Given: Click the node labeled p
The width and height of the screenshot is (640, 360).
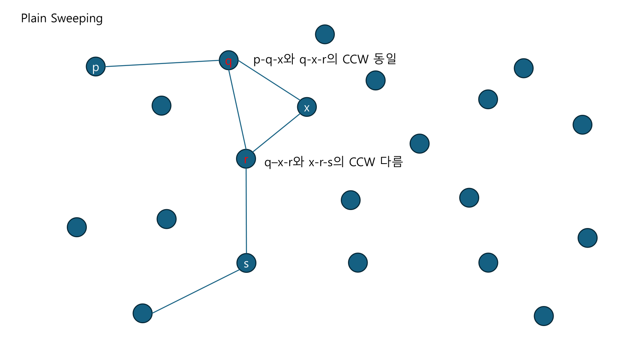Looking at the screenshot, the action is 96,66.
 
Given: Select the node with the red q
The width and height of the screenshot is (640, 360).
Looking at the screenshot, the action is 229,60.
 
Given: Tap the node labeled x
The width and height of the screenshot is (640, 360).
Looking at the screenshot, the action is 307,107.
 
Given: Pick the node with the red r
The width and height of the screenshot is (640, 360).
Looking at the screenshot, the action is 246,159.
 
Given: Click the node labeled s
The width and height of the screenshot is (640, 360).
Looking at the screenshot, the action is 246,263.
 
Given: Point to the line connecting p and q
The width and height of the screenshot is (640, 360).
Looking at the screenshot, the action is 162,63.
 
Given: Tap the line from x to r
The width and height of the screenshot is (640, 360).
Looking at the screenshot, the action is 276,133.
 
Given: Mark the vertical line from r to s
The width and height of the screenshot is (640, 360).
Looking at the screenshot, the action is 246,211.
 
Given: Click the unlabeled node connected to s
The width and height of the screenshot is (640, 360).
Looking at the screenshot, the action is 143,313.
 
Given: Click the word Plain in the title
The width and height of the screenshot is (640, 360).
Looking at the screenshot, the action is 34,18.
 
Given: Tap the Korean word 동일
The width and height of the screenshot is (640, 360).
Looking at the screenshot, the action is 385,59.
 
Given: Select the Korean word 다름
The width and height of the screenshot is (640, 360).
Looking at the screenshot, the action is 391,162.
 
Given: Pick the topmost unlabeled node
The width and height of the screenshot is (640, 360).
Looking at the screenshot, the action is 325,34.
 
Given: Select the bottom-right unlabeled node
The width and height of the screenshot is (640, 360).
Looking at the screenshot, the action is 544,316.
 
